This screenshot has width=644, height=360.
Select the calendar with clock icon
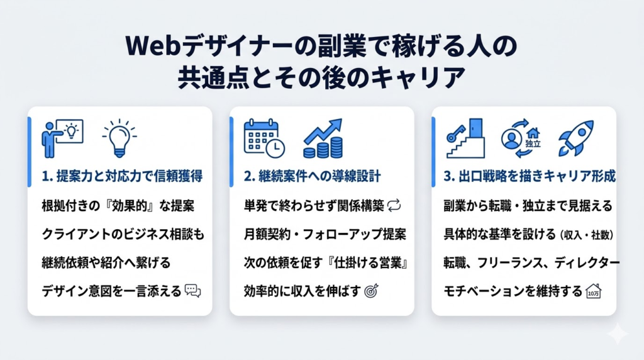[264, 138]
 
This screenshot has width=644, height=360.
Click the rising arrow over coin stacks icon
[323, 138]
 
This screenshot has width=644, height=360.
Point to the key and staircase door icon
[465, 138]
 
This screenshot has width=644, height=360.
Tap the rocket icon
[576, 138]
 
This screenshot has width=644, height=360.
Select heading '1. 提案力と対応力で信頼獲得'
[121, 177]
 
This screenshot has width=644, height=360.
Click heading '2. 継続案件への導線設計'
[311, 177]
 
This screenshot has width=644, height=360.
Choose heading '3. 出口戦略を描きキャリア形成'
[529, 177]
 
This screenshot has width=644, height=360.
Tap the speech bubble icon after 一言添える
[192, 290]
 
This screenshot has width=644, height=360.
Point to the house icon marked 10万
[592, 290]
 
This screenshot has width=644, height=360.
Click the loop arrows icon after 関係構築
[395, 205]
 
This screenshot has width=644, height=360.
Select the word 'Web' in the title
[151, 47]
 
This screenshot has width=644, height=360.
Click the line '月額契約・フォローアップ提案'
[325, 233]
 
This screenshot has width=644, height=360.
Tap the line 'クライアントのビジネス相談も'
[123, 233]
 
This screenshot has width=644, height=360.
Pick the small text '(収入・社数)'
[585, 234]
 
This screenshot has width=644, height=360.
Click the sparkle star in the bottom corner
[618, 334]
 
